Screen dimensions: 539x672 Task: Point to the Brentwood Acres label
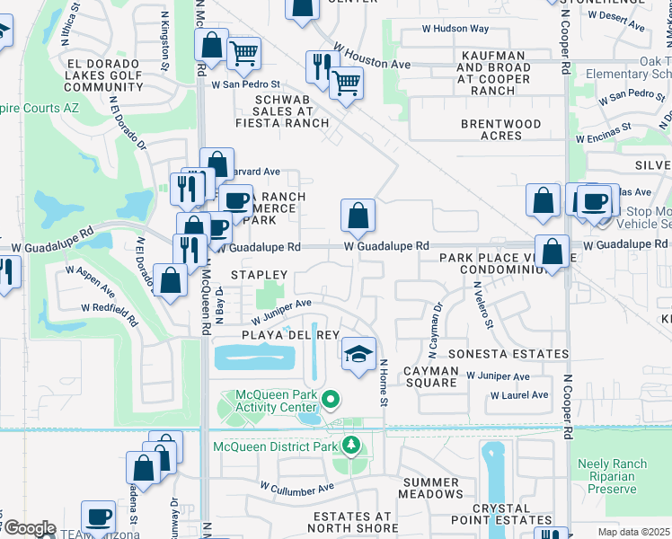click(x=501, y=129)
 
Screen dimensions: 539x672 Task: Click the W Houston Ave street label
click(x=371, y=56)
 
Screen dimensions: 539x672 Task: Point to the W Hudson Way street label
click(x=456, y=29)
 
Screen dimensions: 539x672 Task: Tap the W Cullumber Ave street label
click(x=296, y=488)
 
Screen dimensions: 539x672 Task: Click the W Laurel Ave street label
click(x=518, y=395)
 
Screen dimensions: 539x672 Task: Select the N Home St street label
click(x=383, y=382)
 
